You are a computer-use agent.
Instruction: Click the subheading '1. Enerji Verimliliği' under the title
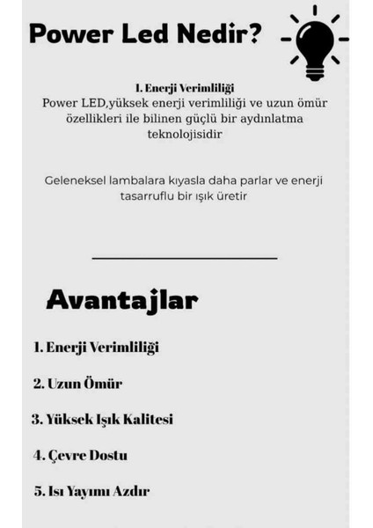point(186,87)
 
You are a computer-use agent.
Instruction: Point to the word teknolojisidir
point(185,136)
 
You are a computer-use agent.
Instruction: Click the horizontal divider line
point(185,258)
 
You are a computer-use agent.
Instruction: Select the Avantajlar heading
point(121,301)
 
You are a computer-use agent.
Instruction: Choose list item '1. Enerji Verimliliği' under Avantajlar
point(96,348)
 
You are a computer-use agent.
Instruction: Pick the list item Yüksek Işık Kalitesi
point(102,420)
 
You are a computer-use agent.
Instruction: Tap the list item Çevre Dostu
point(80,455)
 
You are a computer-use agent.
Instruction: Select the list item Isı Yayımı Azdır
point(91,491)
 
